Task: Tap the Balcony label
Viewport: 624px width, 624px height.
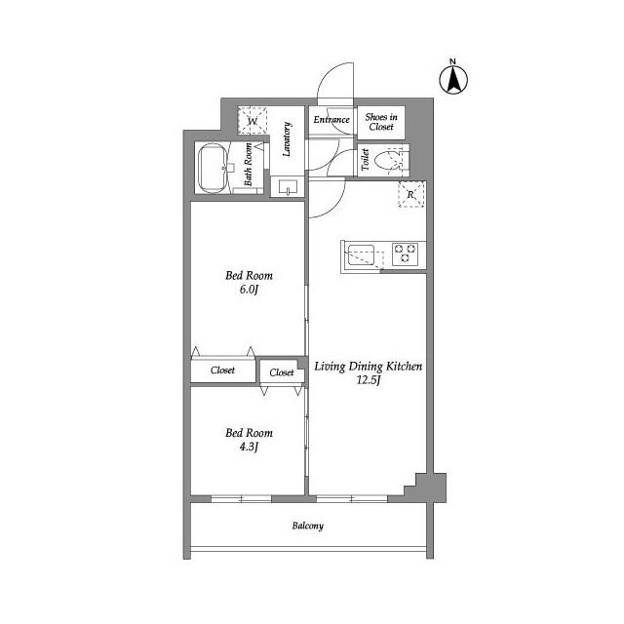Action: [x=307, y=526]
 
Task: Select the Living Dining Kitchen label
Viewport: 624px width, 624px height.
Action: [x=368, y=367]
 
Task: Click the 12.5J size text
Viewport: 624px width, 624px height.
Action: [x=367, y=380]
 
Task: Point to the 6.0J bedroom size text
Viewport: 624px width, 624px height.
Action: [x=250, y=290]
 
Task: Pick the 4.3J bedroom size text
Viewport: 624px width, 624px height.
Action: [x=250, y=447]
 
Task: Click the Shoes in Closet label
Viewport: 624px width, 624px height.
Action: [x=379, y=121]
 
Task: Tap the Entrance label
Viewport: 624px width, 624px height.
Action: [x=331, y=120]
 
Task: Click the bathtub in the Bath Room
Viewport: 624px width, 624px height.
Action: [x=211, y=169]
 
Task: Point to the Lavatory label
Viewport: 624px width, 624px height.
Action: [x=288, y=139]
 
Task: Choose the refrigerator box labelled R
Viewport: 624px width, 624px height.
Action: [x=411, y=193]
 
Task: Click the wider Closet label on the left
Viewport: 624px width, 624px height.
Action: [x=222, y=370]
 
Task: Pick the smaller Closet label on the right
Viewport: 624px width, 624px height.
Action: [x=282, y=372]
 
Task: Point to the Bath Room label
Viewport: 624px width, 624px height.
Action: [x=250, y=164]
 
